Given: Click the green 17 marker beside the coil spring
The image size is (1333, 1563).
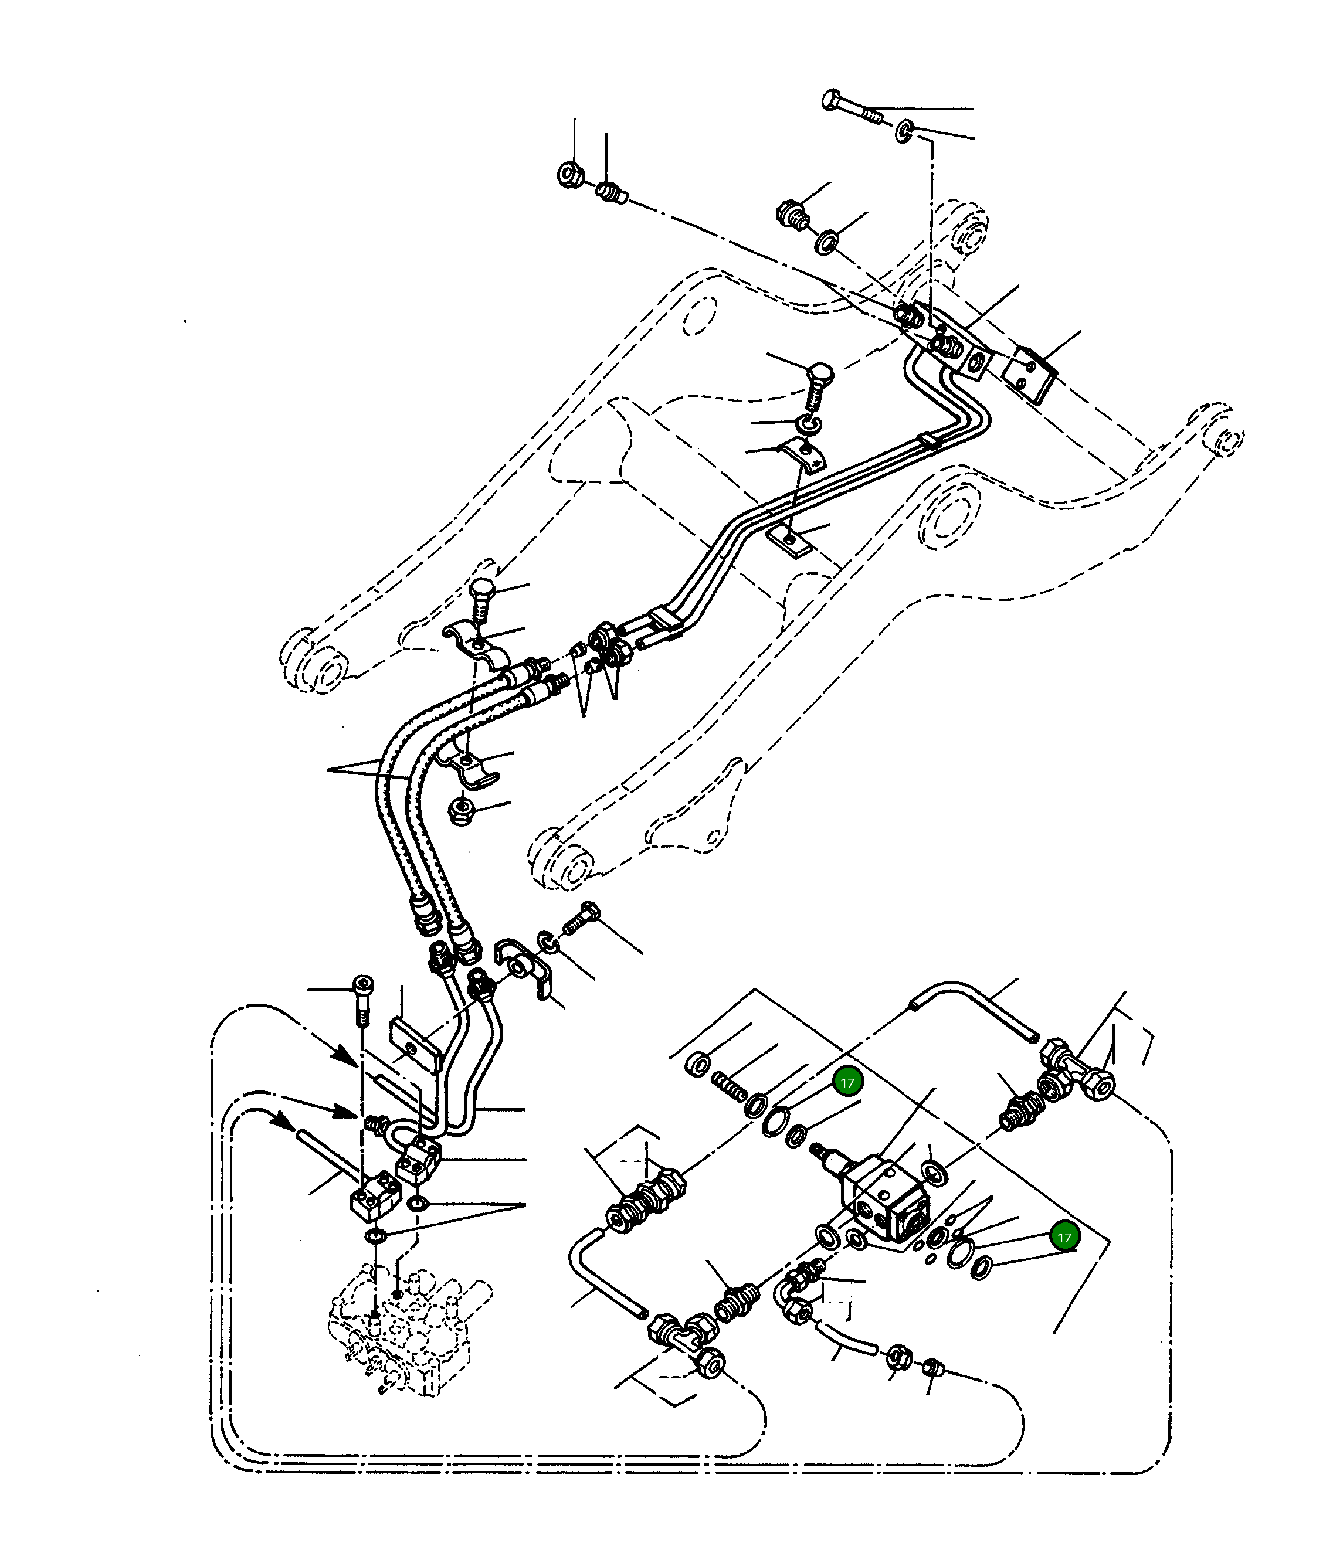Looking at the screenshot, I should click(847, 1082).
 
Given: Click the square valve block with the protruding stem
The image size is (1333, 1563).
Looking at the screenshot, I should click(884, 1200).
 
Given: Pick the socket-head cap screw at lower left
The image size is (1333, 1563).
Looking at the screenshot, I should click(362, 997).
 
